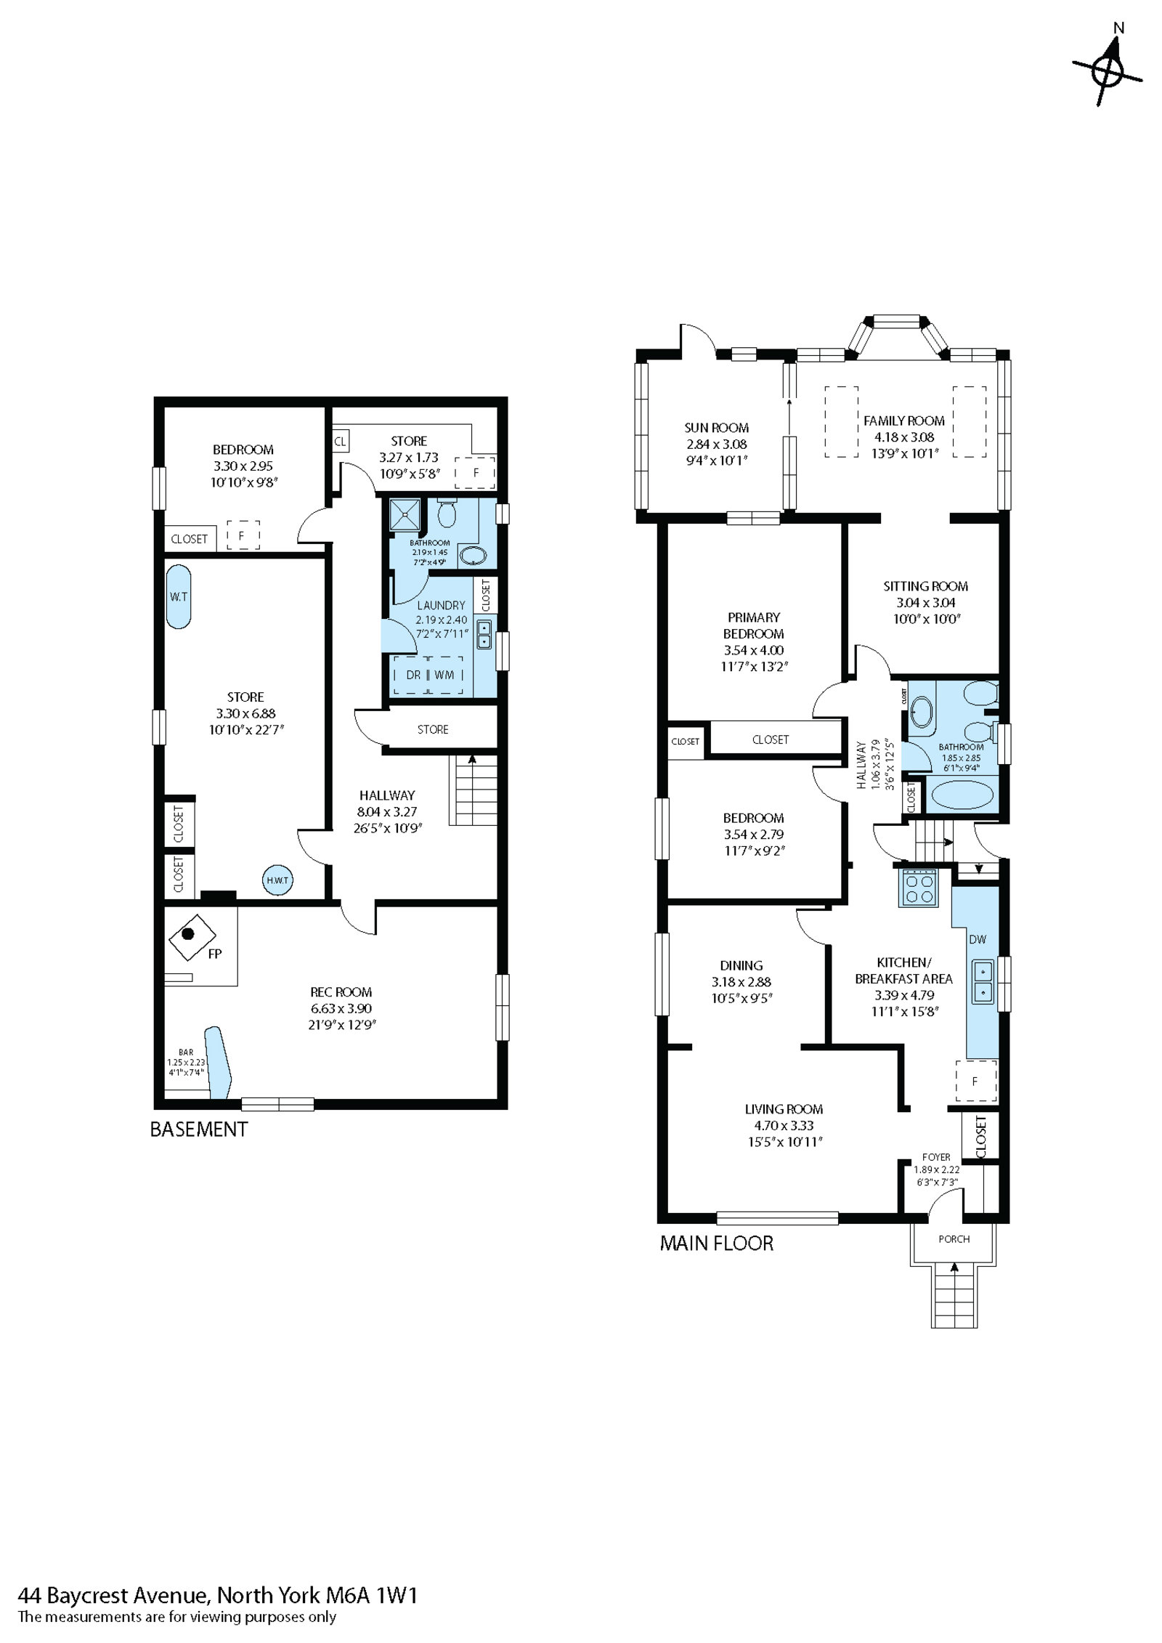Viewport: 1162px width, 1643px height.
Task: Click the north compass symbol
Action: (x=1108, y=72)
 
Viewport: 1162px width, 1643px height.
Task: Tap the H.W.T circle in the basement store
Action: (x=277, y=880)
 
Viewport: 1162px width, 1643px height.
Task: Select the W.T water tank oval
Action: (x=179, y=596)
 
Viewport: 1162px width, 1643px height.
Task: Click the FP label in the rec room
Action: (x=214, y=954)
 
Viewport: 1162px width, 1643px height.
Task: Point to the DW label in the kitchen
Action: (x=978, y=939)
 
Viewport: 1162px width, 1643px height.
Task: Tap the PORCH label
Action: (x=954, y=1238)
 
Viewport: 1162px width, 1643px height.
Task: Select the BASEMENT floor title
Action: (x=198, y=1129)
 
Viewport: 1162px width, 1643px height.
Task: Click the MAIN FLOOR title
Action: (x=716, y=1243)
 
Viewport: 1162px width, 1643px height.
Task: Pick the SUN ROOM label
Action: (x=716, y=428)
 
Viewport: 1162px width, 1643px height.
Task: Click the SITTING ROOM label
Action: (x=925, y=585)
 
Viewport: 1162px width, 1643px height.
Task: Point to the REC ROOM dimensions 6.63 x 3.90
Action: (x=341, y=1008)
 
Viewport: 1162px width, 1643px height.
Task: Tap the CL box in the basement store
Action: (x=340, y=441)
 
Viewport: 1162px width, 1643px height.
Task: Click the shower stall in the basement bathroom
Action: (x=402, y=516)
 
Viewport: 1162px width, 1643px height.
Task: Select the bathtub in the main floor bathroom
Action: (x=959, y=795)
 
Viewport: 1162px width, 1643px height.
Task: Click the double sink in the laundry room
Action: (x=484, y=634)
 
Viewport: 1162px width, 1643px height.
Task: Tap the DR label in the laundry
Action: (x=413, y=675)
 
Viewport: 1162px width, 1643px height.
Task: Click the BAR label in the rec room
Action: (x=186, y=1051)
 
